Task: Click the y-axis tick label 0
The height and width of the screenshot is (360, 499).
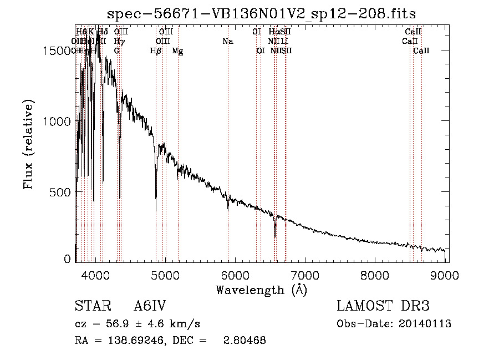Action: pos(68,259)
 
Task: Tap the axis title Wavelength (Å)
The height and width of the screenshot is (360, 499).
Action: pos(261,290)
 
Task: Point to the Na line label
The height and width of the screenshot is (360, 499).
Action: pos(228,42)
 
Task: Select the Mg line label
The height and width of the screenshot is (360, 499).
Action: pos(178,51)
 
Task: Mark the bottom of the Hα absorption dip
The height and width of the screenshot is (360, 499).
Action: pos(275,237)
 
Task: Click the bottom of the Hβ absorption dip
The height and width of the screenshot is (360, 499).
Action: pos(156,209)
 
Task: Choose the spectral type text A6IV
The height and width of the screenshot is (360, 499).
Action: pos(150,306)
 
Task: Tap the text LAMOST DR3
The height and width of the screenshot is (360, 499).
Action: pos(383,306)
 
